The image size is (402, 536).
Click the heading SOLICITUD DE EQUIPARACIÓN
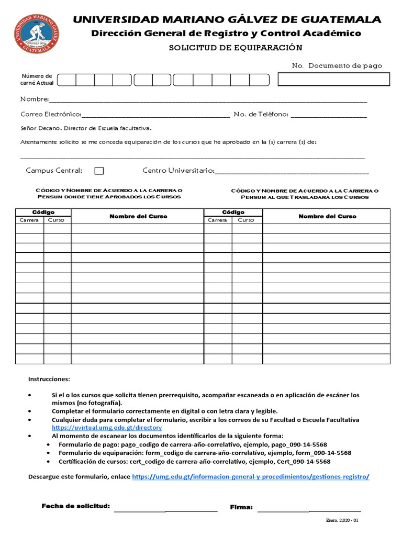(x=235, y=48)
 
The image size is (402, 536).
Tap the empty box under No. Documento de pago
(x=333, y=79)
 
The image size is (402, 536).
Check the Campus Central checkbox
(x=99, y=171)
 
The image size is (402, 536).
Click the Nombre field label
(x=34, y=99)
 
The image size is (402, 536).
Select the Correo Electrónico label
(x=51, y=114)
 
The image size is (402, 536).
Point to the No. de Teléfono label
(x=261, y=114)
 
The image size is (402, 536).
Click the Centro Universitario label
(x=178, y=170)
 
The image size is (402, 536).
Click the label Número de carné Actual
(x=37, y=80)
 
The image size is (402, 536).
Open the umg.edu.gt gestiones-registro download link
(x=251, y=477)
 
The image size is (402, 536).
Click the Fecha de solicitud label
(x=75, y=506)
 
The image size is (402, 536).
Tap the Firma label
(x=241, y=507)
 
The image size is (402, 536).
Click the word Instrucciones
(x=49, y=379)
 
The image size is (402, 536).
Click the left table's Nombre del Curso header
(x=138, y=216)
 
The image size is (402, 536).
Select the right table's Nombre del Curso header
(x=327, y=216)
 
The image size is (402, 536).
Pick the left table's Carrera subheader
(x=29, y=220)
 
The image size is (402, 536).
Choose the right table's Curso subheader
(x=246, y=220)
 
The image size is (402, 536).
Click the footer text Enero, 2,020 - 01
(x=342, y=521)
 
